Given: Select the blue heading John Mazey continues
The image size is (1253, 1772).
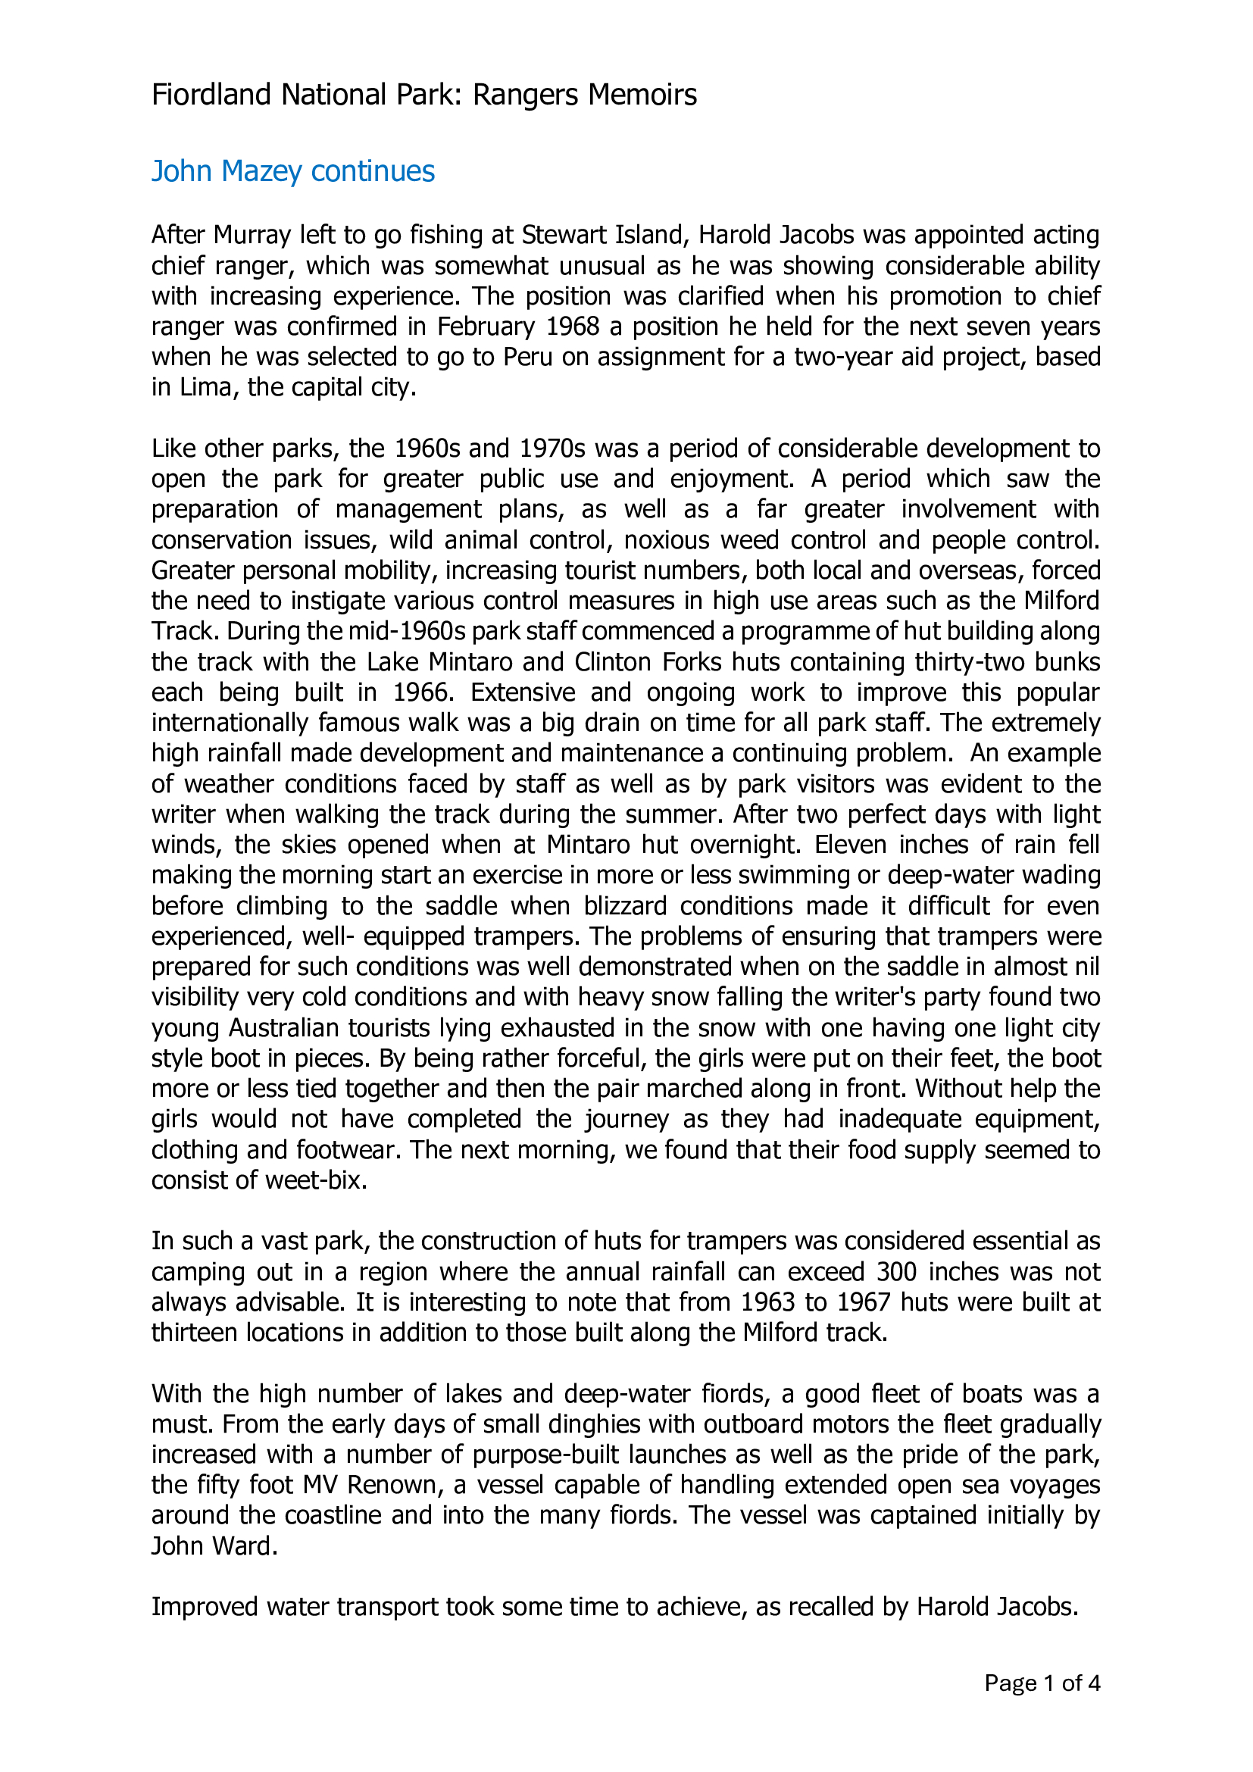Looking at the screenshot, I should (292, 171).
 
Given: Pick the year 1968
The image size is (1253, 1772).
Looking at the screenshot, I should (573, 327).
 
